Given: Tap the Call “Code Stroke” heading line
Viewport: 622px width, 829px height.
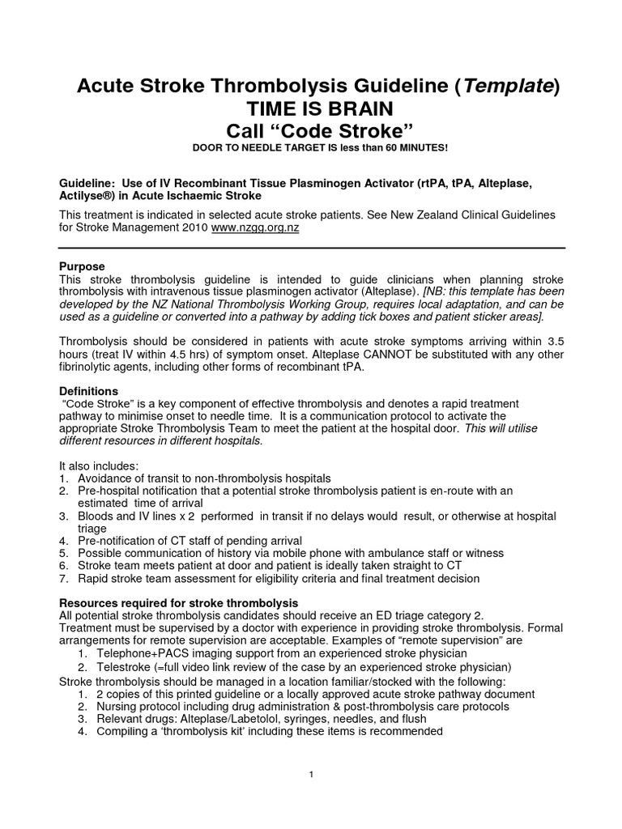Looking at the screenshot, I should (x=311, y=132).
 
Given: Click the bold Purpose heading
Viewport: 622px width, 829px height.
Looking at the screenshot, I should (x=83, y=266).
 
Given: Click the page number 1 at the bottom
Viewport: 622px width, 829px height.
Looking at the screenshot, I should (x=311, y=775).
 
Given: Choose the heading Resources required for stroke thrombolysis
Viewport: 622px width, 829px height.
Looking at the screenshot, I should (x=180, y=603).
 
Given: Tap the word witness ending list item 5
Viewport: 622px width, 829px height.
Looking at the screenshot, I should (x=484, y=553).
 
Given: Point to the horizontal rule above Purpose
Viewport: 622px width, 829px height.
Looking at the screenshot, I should (x=311, y=246).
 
